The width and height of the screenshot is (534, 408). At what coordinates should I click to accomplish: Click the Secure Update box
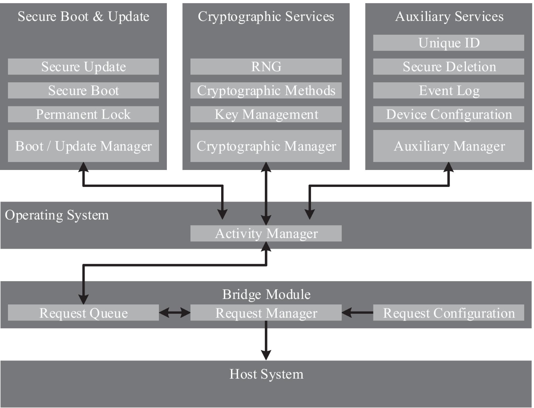click(x=83, y=67)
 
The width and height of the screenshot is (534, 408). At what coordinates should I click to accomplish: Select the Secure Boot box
click(x=83, y=90)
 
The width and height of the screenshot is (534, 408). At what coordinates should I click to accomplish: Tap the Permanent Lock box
click(x=83, y=114)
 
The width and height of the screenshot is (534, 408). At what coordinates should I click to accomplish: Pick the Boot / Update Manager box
click(x=83, y=146)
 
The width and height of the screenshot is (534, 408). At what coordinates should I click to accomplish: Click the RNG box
click(x=266, y=67)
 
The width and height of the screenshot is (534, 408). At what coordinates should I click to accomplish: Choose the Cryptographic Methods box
click(x=266, y=90)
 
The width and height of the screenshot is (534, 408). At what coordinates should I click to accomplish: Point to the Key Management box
click(x=266, y=114)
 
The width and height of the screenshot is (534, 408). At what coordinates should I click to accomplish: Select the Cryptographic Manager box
click(x=266, y=146)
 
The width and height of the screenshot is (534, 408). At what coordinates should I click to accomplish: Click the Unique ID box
click(x=449, y=43)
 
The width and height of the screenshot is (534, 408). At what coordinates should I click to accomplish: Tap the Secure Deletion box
click(x=449, y=67)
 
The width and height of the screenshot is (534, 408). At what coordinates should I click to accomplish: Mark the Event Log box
click(x=449, y=90)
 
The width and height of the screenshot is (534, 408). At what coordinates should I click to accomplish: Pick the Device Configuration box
click(x=449, y=114)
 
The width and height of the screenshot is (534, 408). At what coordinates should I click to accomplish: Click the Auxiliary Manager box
click(x=449, y=146)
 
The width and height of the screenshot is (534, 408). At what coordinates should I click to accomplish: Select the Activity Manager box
click(x=266, y=234)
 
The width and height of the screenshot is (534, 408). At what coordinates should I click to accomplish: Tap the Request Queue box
click(x=83, y=313)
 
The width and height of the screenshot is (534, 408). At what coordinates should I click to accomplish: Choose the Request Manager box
click(x=266, y=313)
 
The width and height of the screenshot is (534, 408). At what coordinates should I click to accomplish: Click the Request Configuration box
click(x=449, y=313)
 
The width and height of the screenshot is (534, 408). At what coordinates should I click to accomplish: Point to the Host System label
click(x=266, y=374)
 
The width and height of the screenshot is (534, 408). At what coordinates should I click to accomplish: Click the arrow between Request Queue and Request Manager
click(x=174, y=313)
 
